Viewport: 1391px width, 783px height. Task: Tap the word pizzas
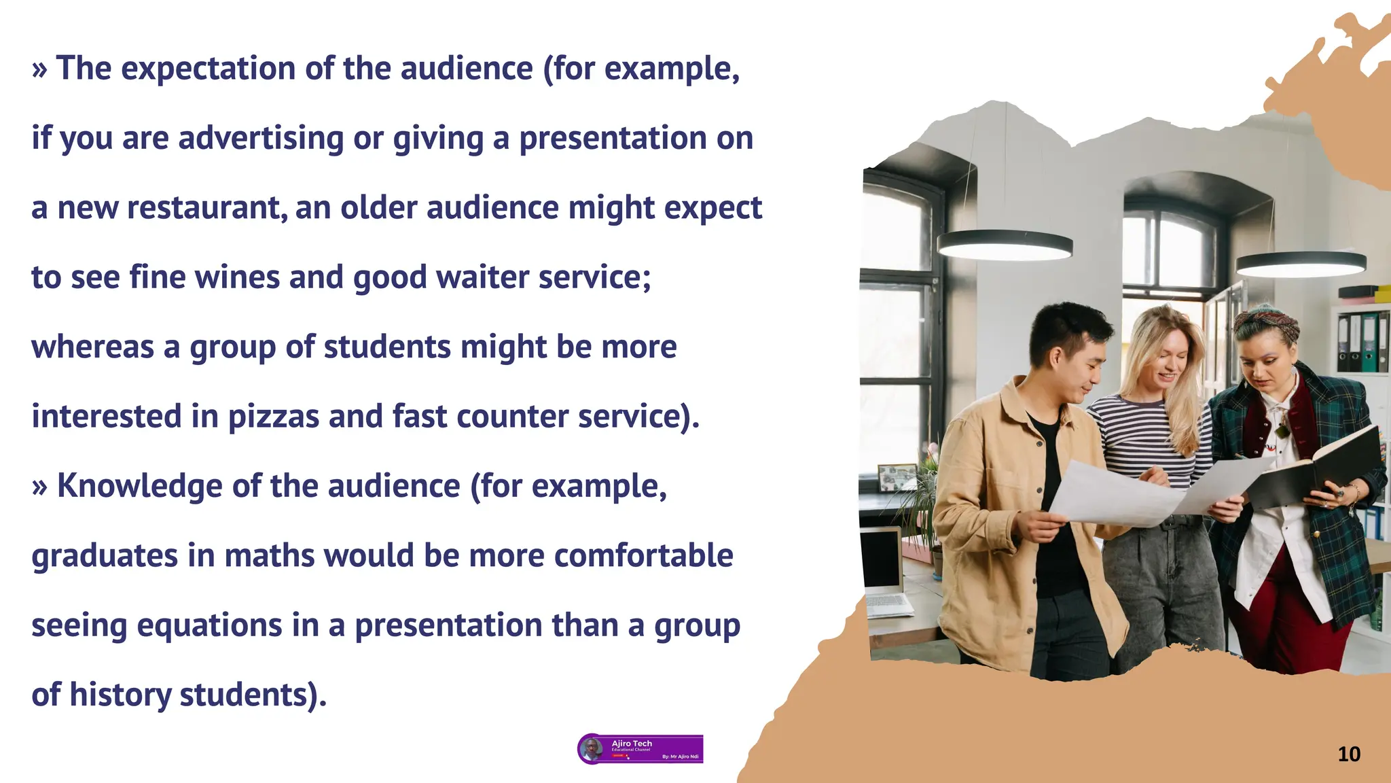[x=273, y=417]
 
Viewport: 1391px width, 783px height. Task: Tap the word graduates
[x=105, y=556]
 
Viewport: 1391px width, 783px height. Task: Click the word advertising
[x=261, y=139]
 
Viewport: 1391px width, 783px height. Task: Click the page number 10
[x=1348, y=754]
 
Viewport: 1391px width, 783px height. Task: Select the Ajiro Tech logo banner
[x=640, y=749]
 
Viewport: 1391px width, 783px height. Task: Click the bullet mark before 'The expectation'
[x=39, y=69]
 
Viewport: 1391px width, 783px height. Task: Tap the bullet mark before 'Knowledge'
[x=39, y=487]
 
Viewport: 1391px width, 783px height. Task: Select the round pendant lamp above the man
[x=1005, y=245]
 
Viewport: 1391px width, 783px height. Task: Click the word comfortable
[x=643, y=556]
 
